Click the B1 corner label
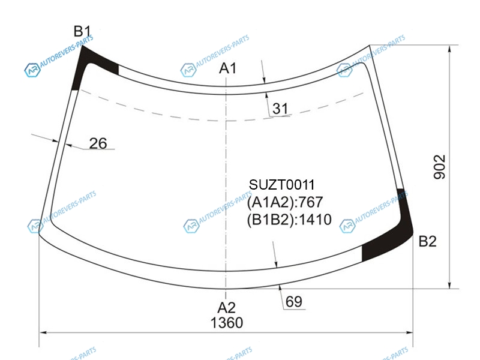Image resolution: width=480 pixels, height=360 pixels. [x=82, y=32]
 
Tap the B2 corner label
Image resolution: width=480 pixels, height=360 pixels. [x=427, y=241]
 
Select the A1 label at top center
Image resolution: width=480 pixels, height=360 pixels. [x=228, y=68]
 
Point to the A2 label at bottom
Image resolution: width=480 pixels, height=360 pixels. [x=227, y=307]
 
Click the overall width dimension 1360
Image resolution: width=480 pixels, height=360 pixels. [x=227, y=323]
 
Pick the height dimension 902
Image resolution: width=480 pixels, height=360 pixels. [x=440, y=167]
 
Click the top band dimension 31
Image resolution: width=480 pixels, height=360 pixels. [x=280, y=109]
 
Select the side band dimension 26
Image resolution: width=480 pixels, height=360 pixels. [x=98, y=143]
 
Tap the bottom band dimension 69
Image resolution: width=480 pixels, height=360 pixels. [x=294, y=302]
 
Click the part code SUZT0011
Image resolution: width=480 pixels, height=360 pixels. [x=281, y=185]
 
